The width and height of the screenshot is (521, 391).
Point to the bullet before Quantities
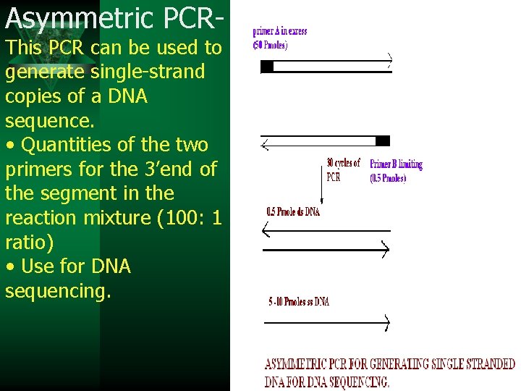10,146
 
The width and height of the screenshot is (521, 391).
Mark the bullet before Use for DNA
10,267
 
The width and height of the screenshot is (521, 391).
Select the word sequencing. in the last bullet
58,291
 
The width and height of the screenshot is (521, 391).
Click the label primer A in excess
280,31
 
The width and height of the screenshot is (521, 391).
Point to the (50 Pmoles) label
271,45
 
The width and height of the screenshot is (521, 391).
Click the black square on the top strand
267,67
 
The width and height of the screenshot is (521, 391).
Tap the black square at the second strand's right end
383,140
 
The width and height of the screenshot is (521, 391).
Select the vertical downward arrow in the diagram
321,181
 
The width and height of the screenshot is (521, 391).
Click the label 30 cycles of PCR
343,169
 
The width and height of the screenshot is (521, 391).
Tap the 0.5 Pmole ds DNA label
293,212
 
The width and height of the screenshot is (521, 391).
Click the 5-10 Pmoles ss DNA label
298,301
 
